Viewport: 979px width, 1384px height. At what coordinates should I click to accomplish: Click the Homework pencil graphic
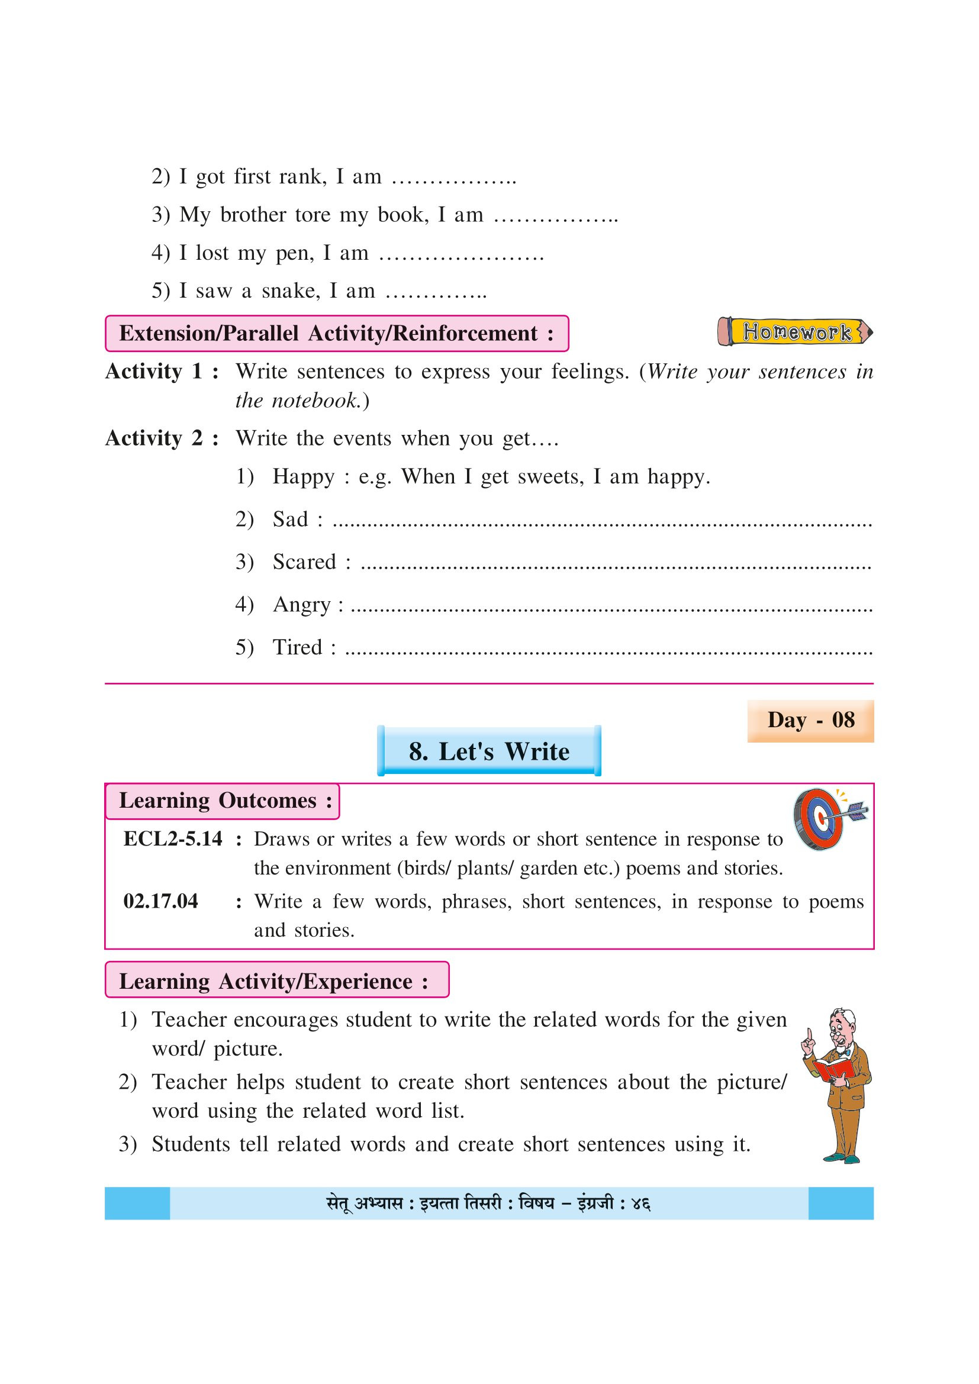795,331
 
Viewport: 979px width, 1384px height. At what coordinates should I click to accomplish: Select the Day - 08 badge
810,720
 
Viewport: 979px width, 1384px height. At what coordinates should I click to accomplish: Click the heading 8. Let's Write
489,751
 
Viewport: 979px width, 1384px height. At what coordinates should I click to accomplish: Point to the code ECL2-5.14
172,839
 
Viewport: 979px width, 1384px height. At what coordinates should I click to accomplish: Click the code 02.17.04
160,901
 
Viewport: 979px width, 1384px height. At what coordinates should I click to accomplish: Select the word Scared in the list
304,562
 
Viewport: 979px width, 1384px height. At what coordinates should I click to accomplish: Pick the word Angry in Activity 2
302,605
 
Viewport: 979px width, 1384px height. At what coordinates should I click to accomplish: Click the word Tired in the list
297,647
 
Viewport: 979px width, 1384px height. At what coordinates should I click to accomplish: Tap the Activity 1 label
161,372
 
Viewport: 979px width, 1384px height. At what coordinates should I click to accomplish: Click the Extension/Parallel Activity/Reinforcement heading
336,334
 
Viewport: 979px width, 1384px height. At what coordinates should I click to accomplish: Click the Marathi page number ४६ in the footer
640,1204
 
